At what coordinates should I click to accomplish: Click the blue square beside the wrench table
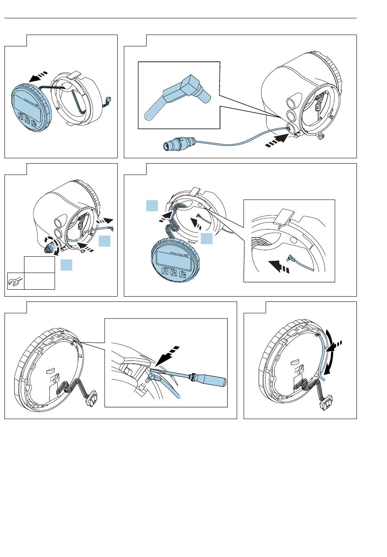66,265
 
